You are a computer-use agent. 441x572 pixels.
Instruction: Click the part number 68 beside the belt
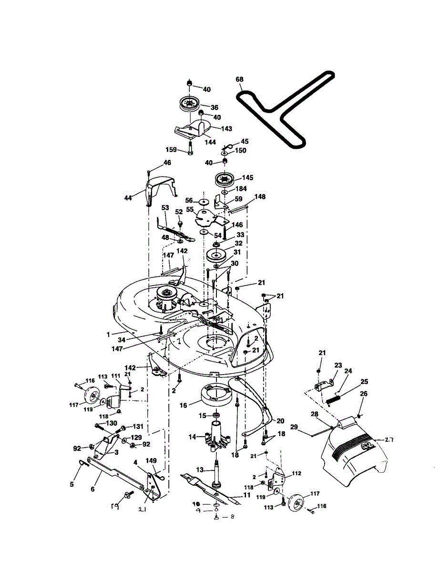click(239, 79)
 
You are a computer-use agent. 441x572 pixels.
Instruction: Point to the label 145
click(247, 177)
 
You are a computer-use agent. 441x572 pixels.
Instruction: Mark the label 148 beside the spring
click(260, 197)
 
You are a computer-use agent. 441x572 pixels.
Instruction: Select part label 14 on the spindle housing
click(193, 437)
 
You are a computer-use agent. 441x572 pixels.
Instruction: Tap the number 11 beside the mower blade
click(246, 496)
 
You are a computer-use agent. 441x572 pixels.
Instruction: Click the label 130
click(111, 424)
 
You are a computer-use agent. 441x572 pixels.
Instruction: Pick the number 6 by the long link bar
click(93, 489)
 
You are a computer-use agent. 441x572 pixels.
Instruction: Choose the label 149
click(151, 460)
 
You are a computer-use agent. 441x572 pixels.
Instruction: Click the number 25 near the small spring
click(364, 382)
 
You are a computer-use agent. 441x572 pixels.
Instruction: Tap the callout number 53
click(165, 208)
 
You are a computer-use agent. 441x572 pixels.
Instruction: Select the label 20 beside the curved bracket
click(280, 421)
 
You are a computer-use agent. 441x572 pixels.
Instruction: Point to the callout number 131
click(137, 427)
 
